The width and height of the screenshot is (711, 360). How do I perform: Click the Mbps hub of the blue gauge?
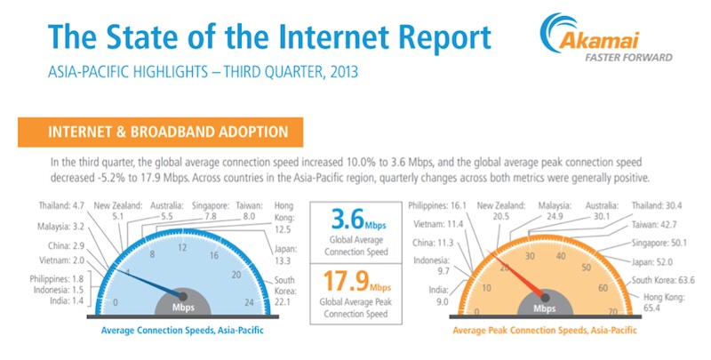point(184,305)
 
